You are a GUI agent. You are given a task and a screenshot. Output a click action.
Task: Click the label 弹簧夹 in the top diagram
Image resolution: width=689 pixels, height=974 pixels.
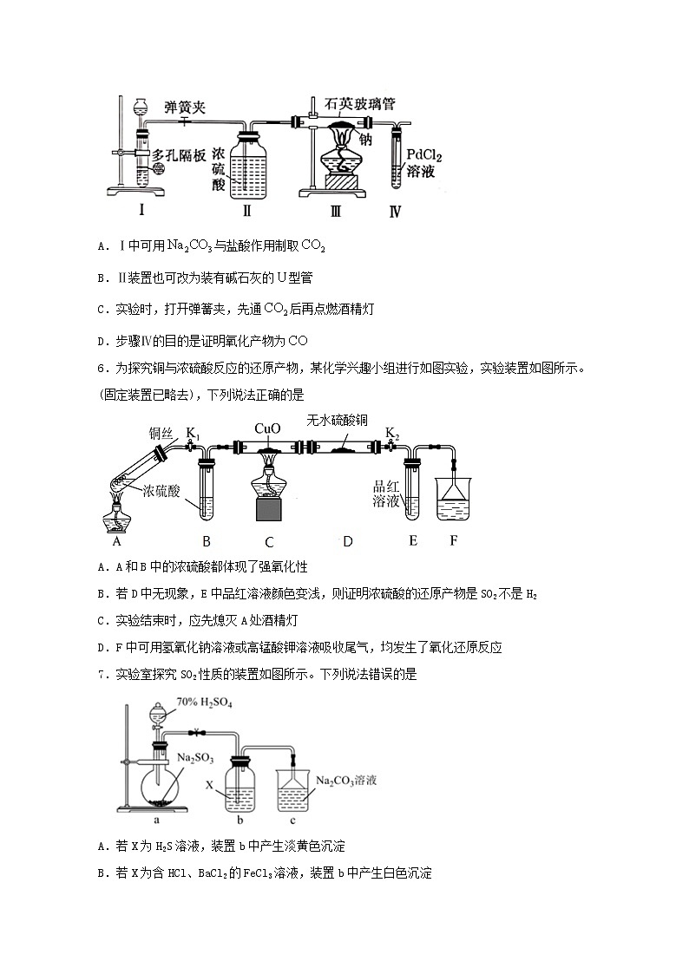pyautogui.click(x=185, y=108)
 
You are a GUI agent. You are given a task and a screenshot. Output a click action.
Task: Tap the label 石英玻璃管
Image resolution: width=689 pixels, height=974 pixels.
pyautogui.click(x=360, y=104)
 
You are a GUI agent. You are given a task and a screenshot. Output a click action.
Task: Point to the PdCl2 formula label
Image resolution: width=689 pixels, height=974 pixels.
pyautogui.click(x=423, y=154)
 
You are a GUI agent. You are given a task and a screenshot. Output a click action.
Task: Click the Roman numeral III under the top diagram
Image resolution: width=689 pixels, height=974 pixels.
pyautogui.click(x=336, y=212)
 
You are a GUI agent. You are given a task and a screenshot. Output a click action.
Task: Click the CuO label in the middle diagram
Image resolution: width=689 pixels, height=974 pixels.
pyautogui.click(x=267, y=428)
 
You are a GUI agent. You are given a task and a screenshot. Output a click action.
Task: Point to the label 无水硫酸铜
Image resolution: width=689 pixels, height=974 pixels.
pyautogui.click(x=337, y=421)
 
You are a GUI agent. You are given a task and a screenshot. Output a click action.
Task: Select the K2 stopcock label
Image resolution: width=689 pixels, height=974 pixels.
pyautogui.click(x=392, y=432)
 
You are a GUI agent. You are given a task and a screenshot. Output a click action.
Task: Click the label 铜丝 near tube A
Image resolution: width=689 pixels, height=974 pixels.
pyautogui.click(x=161, y=433)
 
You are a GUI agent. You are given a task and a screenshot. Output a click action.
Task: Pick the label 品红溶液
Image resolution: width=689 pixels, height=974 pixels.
pyautogui.click(x=385, y=494)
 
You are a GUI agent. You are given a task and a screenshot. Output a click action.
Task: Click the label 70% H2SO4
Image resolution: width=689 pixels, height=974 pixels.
pyautogui.click(x=205, y=702)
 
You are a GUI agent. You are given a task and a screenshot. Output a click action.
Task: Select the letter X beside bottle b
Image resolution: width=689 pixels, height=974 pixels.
pyautogui.click(x=210, y=786)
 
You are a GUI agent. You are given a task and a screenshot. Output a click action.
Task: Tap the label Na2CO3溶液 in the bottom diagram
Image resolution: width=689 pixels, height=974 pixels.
pyautogui.click(x=346, y=781)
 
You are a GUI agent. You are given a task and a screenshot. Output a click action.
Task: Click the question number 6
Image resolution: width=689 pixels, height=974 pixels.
pyautogui.click(x=103, y=369)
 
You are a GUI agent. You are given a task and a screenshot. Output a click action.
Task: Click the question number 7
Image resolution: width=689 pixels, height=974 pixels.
pyautogui.click(x=103, y=675)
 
